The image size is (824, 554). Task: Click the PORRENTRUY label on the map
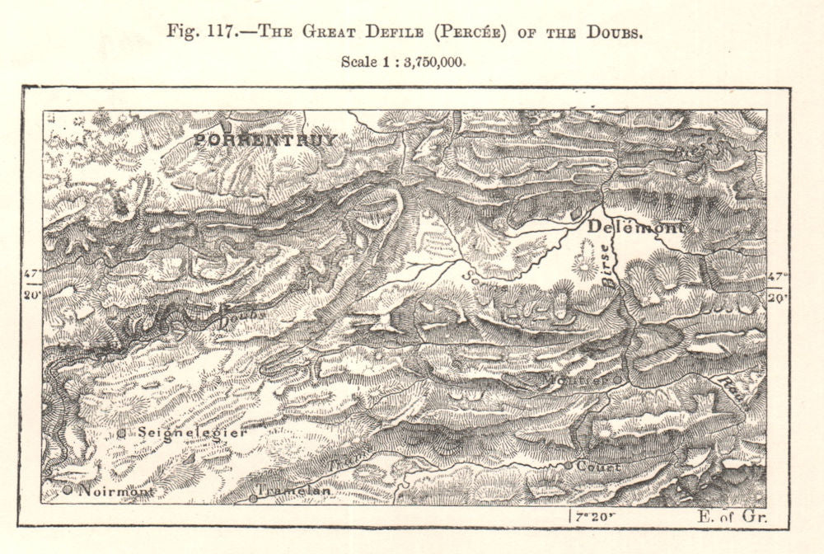tap(265, 140)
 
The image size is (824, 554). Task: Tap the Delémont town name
tap(634, 227)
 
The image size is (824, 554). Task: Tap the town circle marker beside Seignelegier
tap(121, 432)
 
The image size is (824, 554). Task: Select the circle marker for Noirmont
tap(68, 490)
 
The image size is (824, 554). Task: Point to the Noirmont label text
tap(116, 491)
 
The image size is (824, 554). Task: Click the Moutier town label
tap(571, 380)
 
